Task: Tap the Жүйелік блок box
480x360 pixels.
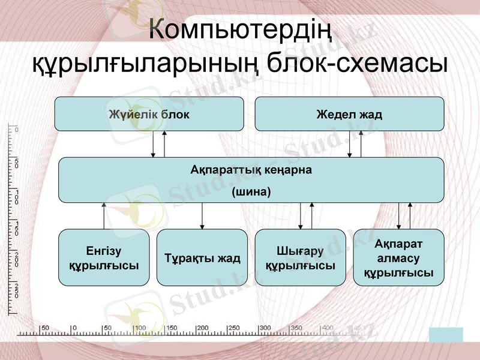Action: [149, 114]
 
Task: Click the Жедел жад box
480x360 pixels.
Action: [349, 114]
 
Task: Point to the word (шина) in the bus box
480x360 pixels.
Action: [251, 192]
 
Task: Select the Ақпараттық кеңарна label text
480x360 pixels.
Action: [251, 170]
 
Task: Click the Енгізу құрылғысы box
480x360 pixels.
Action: [104, 257]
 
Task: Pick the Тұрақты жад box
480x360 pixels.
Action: [202, 257]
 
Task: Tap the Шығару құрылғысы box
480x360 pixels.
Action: [300, 257]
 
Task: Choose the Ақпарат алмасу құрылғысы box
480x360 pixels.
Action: [398, 257]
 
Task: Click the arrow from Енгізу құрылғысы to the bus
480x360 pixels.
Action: [104, 216]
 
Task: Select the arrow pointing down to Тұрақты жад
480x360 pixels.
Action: [202, 216]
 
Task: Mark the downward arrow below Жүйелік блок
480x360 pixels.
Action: [154, 144]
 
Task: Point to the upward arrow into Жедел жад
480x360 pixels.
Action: [361, 144]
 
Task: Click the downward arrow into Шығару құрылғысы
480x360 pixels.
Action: [301, 216]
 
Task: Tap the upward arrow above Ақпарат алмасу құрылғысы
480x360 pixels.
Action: [410, 216]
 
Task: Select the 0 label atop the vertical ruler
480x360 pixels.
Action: [16, 130]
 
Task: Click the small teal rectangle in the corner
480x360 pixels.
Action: [446, 335]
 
